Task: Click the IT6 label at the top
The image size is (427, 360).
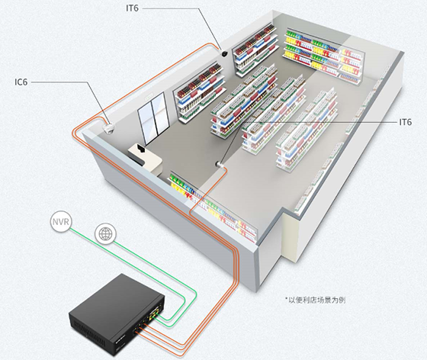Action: [x=133, y=8]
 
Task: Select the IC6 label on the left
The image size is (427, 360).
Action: [x=21, y=82]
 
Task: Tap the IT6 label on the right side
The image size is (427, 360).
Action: [x=406, y=122]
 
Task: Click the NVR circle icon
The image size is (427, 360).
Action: [x=61, y=222]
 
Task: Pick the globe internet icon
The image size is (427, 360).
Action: [x=106, y=233]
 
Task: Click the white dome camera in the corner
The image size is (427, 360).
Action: [x=108, y=127]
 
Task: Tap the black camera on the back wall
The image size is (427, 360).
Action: [x=224, y=53]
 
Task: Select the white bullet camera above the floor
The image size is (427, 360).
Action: [x=219, y=164]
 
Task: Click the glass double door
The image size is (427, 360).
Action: [x=152, y=118]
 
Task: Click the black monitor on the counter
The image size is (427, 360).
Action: [x=141, y=149]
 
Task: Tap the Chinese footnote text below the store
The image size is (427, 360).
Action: [x=316, y=300]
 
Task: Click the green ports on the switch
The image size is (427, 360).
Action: [x=154, y=313]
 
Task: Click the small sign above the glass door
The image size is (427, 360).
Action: [x=149, y=96]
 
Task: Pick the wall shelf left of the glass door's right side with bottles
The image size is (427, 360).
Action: [x=200, y=92]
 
